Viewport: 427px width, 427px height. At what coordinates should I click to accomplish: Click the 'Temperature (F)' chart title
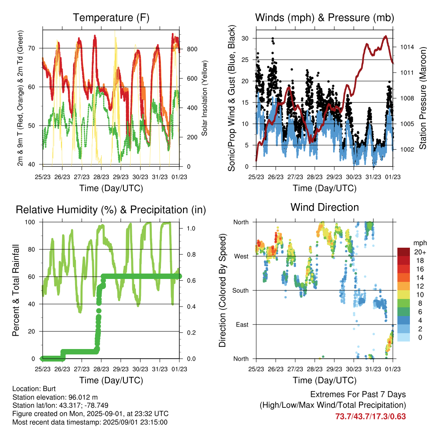point(111,18)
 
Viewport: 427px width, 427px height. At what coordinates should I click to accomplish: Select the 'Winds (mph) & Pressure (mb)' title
point(324,18)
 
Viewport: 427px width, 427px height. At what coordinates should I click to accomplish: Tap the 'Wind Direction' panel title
point(324,207)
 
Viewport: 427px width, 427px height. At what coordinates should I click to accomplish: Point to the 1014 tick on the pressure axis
point(407,47)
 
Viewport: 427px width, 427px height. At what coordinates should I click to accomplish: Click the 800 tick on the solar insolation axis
point(192,49)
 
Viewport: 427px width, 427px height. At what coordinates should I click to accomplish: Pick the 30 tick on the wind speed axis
point(245,38)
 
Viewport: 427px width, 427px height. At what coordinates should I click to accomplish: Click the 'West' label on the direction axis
point(241,256)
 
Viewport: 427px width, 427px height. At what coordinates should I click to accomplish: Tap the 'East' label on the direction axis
point(242,324)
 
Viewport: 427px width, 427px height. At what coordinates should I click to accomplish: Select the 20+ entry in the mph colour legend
point(420,252)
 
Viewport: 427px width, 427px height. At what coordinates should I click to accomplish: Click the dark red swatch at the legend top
point(404,252)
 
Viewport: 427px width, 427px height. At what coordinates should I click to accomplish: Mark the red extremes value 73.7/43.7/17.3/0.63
point(370,417)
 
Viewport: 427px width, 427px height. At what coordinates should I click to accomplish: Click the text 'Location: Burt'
point(34,389)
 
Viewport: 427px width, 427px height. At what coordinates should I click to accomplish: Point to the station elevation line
point(55,397)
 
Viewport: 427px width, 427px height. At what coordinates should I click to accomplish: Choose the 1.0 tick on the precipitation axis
point(191,228)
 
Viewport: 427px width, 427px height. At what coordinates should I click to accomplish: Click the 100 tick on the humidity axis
point(30,222)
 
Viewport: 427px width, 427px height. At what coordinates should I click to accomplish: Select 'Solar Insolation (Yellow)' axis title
point(204,98)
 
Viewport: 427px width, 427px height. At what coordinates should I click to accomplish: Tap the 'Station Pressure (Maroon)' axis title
point(422,98)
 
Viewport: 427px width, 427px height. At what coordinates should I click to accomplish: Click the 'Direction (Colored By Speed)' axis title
point(223,290)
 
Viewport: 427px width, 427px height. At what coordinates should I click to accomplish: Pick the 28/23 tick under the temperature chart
point(101,177)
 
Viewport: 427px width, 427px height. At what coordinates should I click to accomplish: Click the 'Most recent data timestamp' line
point(90,422)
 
